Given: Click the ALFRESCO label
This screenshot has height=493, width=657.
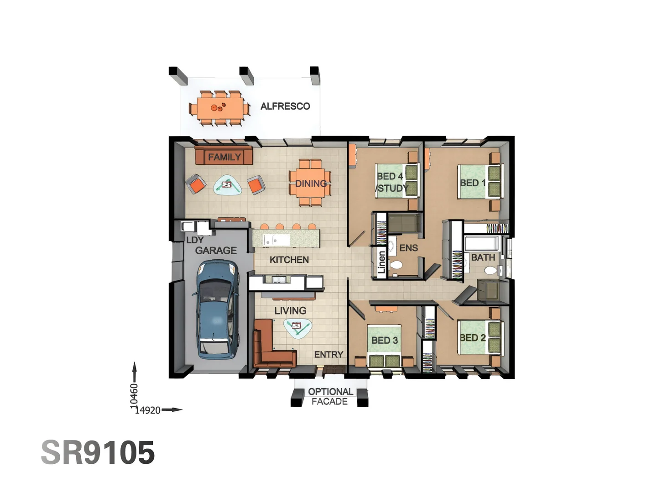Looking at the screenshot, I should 285,106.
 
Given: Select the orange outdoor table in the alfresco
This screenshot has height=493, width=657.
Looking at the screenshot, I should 219,108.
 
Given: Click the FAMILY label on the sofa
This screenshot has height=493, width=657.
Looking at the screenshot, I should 224,157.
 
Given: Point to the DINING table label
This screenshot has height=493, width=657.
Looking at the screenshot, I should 311,184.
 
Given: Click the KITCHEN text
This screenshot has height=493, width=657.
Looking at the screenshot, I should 289,260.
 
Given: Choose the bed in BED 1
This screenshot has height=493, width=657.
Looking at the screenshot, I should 479,182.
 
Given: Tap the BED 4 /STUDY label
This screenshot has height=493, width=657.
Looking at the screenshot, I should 391,182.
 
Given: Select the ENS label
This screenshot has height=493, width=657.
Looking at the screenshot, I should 408,248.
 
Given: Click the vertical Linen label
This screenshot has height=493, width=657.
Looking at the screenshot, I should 381,262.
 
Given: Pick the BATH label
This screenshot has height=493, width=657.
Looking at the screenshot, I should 483,257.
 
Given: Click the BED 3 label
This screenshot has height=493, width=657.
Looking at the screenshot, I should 384,341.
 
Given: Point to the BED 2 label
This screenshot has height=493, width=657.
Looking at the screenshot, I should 473,338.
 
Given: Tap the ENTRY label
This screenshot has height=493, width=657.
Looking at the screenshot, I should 328,355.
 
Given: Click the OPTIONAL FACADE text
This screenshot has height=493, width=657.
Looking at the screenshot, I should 330,397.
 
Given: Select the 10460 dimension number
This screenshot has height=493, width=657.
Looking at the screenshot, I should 134,396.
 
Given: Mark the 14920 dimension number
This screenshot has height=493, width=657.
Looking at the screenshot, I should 148,410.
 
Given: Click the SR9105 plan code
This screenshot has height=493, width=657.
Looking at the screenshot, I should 98,453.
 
